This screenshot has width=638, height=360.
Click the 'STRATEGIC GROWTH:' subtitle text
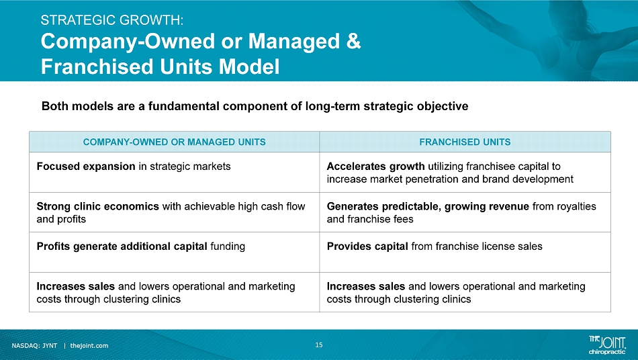(112, 20)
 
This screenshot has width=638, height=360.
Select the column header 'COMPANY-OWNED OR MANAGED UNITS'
(174, 142)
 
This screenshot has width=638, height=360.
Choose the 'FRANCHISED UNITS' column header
(465, 142)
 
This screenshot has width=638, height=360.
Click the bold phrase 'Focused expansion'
(86, 167)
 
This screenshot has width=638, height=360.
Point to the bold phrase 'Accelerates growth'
(375, 167)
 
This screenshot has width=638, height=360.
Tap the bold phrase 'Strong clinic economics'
(97, 206)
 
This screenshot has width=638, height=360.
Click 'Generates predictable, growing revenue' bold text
(428, 206)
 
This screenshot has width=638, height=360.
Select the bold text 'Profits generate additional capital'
(122, 246)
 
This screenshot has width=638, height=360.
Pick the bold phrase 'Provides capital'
(367, 246)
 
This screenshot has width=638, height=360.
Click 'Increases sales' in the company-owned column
(76, 286)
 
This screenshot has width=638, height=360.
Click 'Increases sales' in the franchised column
(366, 286)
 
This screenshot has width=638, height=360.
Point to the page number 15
(319, 345)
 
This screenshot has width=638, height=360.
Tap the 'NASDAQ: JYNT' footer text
(34, 346)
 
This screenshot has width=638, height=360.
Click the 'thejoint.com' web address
(89, 346)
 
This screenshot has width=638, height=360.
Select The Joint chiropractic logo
(607, 345)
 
